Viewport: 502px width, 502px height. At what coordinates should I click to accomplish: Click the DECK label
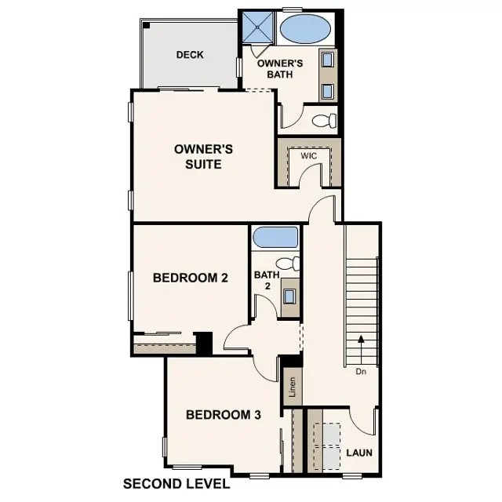pos(190,55)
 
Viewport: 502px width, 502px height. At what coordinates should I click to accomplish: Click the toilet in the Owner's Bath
pos(325,120)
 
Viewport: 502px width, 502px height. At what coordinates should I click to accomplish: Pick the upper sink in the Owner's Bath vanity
pos(327,60)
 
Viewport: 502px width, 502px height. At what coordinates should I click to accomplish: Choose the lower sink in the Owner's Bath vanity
pos(327,89)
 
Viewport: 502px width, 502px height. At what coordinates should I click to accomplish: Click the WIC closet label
pos(309,156)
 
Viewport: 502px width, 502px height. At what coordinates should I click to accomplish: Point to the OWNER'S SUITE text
pos(198,156)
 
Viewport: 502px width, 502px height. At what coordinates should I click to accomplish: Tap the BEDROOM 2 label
pos(191,277)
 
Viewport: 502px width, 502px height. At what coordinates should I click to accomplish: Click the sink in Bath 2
pos(289,296)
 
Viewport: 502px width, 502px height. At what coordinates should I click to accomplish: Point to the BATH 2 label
pos(264,281)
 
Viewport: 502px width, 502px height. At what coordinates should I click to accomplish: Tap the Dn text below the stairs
pos(361,372)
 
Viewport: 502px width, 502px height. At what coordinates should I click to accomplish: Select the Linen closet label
pos(291,388)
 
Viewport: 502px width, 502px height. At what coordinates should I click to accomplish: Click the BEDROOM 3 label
pos(223,415)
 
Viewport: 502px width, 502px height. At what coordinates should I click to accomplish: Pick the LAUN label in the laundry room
pos(359,453)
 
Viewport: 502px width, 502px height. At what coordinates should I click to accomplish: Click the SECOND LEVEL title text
pos(176,484)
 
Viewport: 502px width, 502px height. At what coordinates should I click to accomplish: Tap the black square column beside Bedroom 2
pos(204,343)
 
